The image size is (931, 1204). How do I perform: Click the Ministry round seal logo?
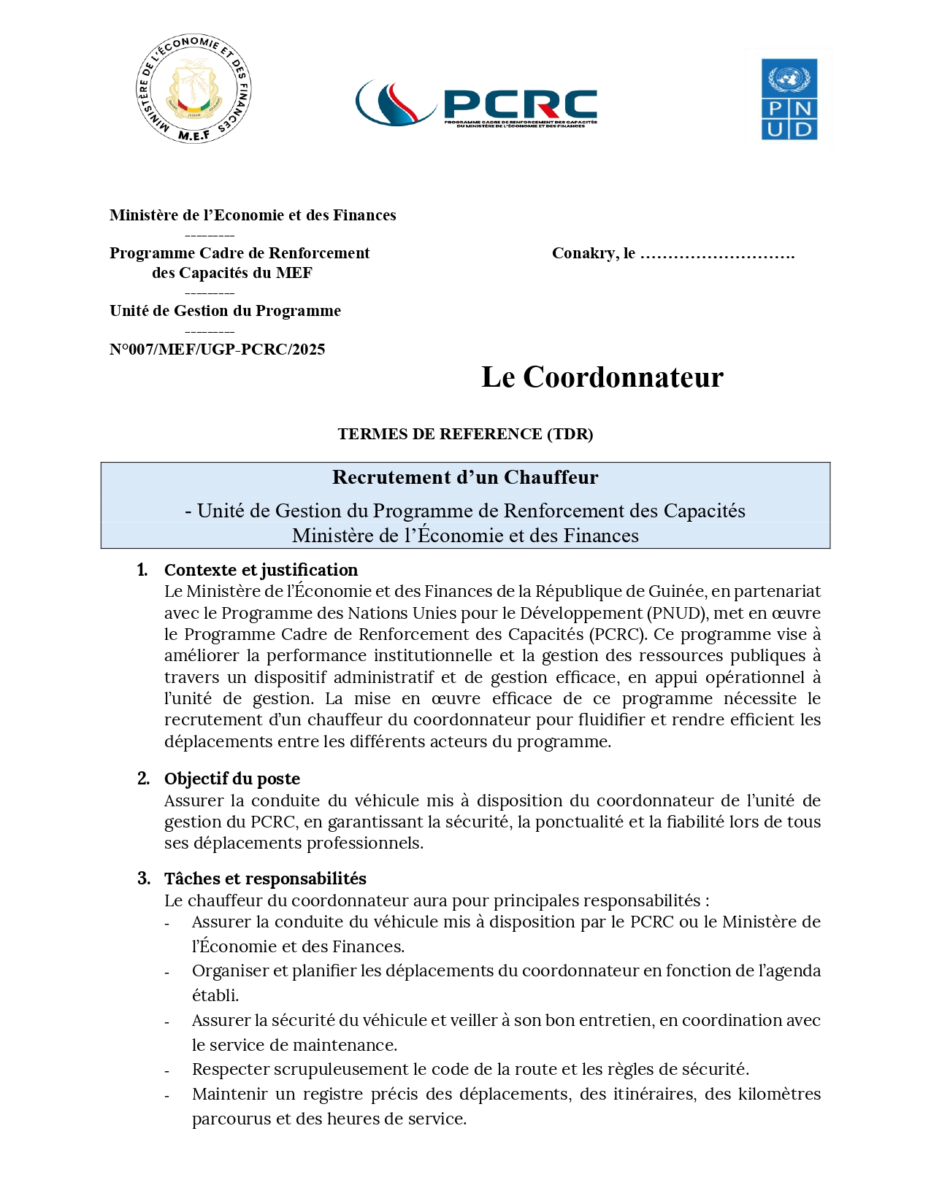coord(194,88)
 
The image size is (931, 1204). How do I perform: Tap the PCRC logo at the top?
coord(476,104)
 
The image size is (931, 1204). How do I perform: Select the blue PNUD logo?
coord(789,99)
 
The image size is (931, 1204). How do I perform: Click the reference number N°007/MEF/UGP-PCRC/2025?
coord(217,350)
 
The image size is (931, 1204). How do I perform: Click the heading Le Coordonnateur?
coord(602,377)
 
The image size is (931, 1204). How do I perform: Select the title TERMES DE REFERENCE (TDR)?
coord(465,434)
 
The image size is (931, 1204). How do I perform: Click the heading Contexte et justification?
coord(261,570)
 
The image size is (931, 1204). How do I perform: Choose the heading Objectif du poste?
coord(232,779)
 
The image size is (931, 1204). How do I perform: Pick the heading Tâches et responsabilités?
coord(265,879)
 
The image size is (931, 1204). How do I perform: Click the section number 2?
coord(143,779)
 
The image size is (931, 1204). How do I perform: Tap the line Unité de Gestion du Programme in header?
coord(225,311)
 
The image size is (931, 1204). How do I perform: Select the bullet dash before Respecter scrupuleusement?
coord(167,1071)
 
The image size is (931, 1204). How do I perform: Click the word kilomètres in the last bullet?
coord(779,1094)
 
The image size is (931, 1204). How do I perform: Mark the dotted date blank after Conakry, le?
coord(717,255)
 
